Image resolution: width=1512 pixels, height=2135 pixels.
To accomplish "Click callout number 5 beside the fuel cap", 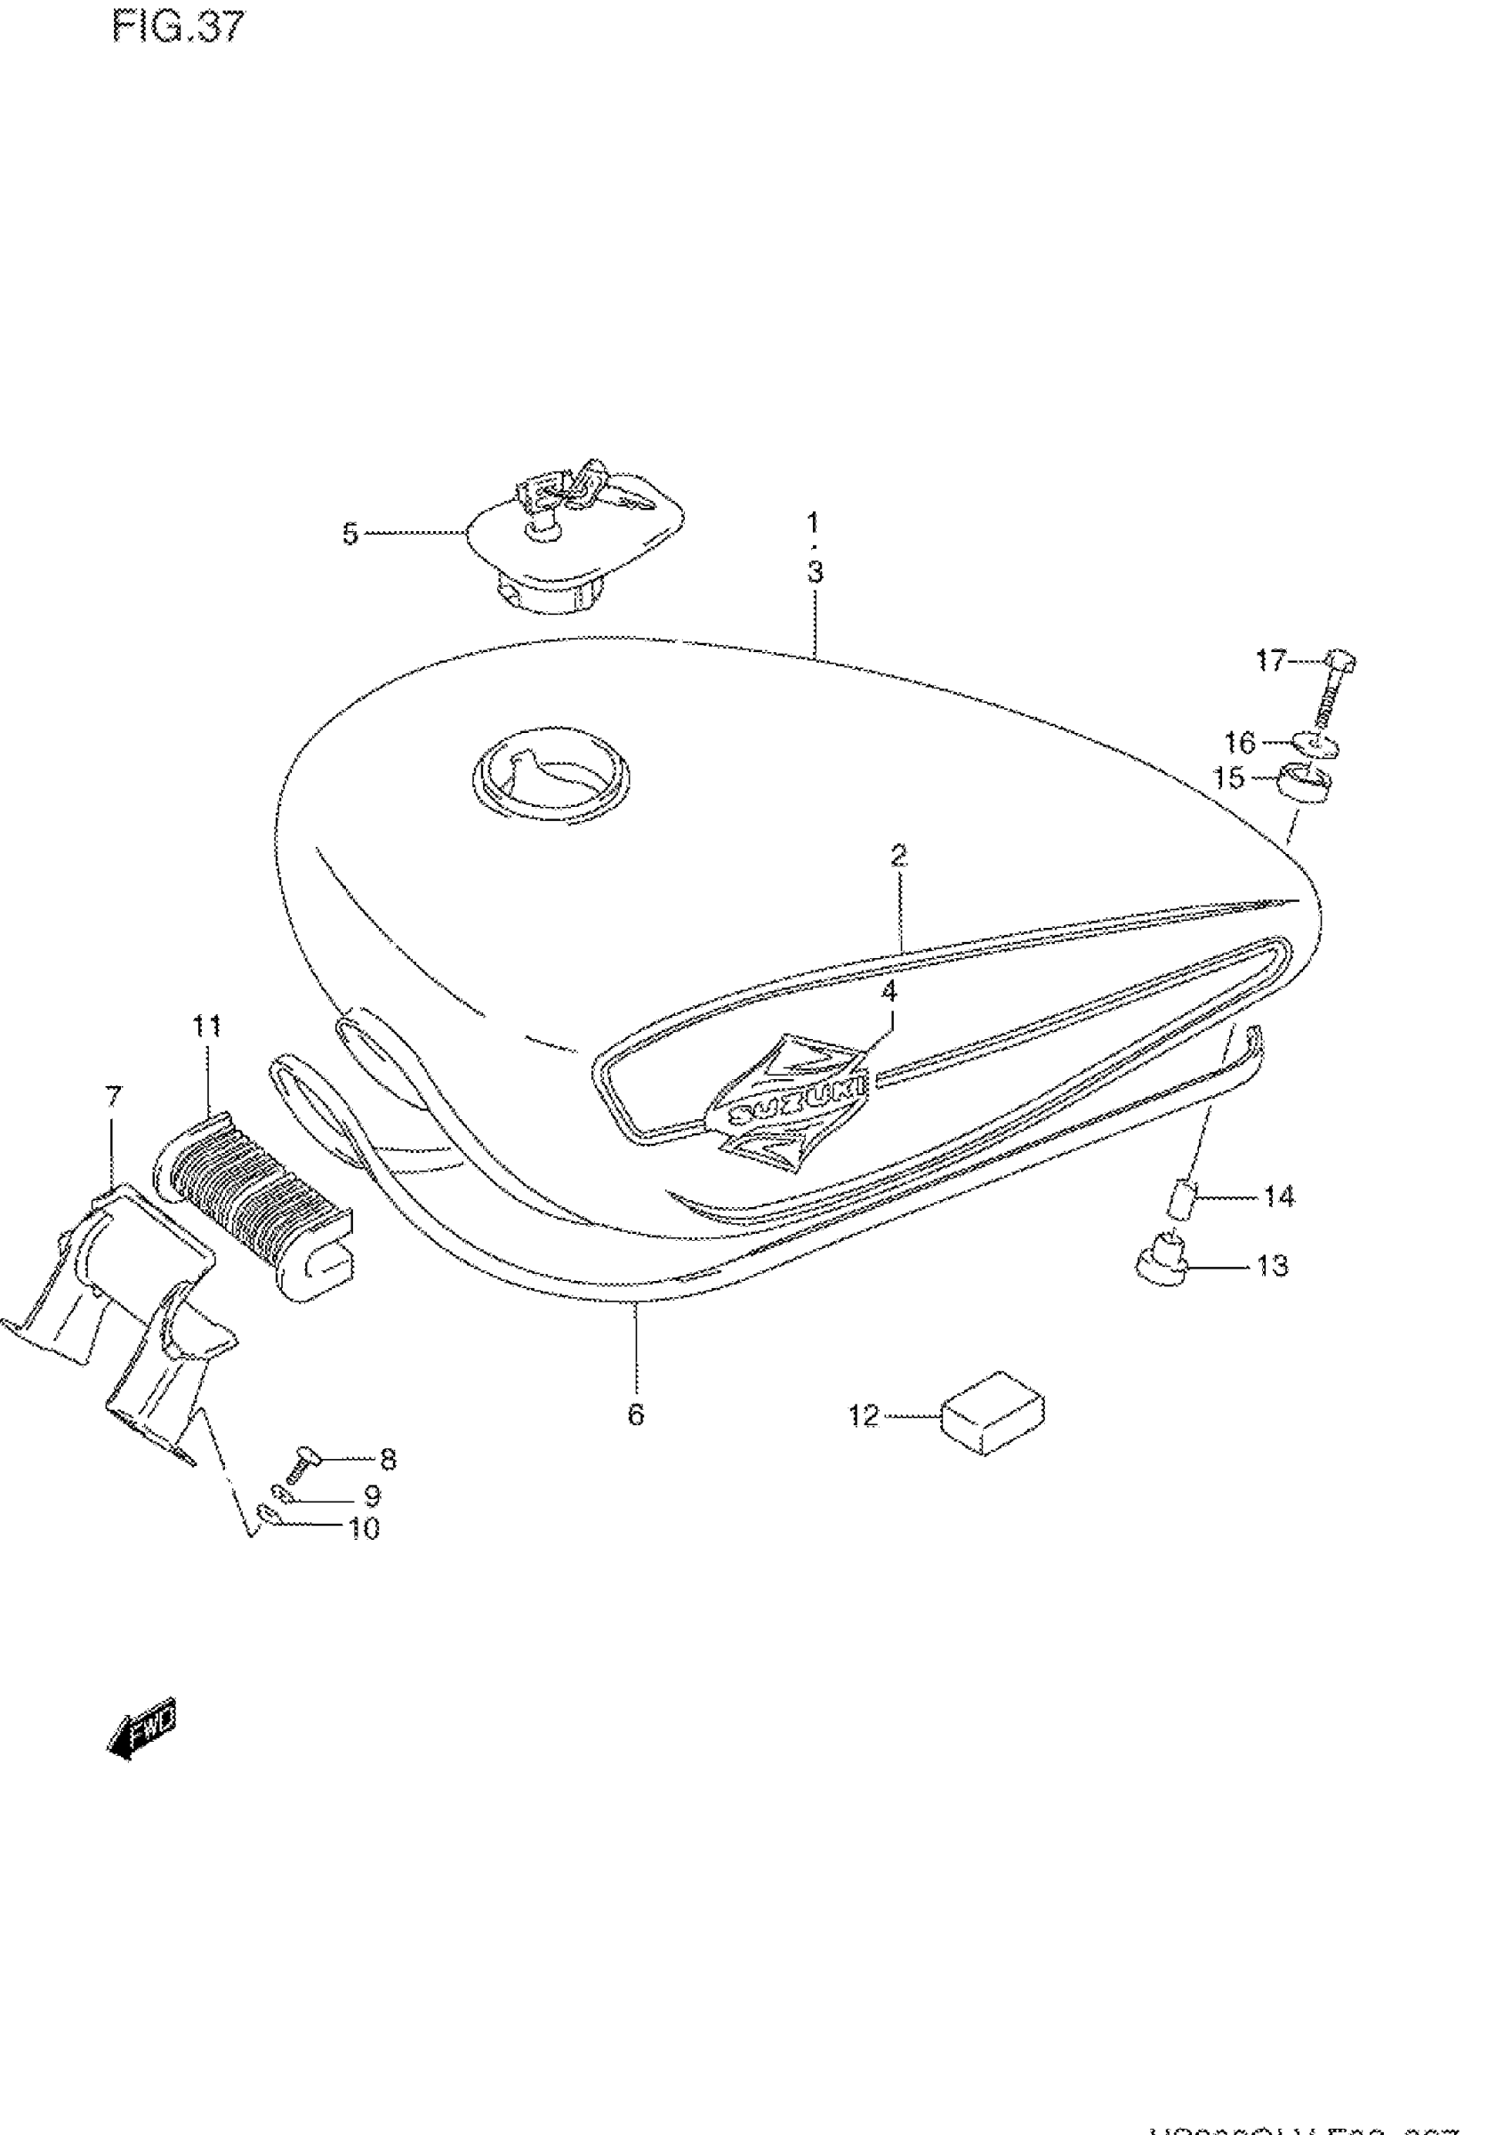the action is click(x=350, y=535).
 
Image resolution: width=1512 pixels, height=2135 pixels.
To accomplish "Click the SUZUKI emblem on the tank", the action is click(x=790, y=1105).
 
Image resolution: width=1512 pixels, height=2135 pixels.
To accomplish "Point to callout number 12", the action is click(x=863, y=1416).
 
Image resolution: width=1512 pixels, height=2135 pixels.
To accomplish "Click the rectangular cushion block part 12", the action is click(x=993, y=1413).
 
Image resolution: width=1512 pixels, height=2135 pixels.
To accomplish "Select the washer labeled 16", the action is click(x=1315, y=745).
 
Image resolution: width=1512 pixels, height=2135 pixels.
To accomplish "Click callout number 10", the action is click(x=364, y=1528).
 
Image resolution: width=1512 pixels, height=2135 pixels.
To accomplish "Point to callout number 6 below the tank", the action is click(x=636, y=1415).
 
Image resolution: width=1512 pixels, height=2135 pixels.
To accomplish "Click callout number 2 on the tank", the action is click(x=898, y=855).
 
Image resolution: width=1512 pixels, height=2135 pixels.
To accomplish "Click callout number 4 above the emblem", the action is click(x=889, y=992).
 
